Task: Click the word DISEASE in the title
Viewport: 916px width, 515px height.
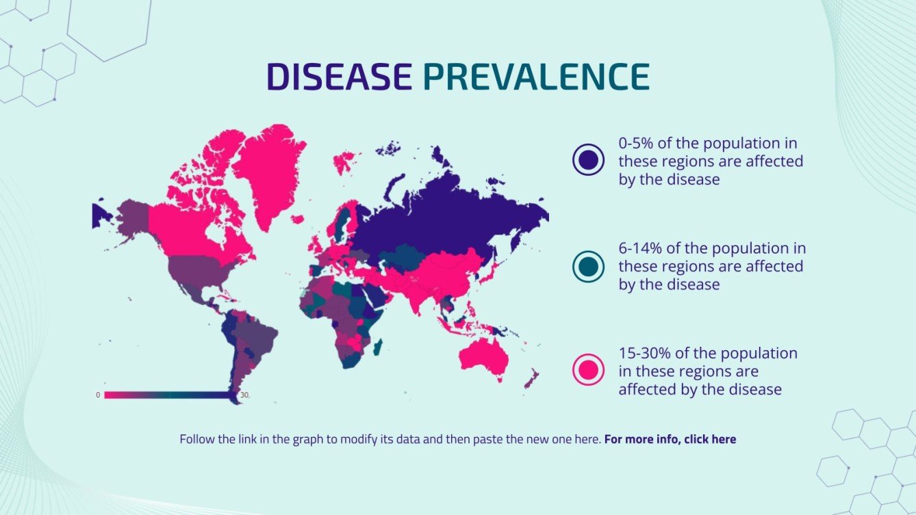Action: [338, 77]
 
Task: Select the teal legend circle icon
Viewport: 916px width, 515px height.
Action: [588, 266]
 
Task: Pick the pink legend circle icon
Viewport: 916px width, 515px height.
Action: [588, 371]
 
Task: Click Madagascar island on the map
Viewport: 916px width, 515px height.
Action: [377, 347]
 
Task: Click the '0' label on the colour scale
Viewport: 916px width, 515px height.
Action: [98, 395]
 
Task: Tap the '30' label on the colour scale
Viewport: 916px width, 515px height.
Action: [244, 395]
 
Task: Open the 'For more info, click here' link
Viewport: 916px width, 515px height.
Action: [670, 439]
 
